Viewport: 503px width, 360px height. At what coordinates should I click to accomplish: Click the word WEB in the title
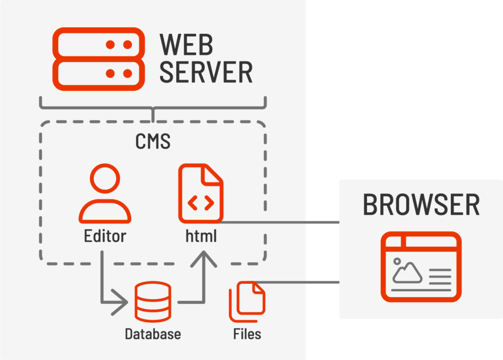[x=187, y=45]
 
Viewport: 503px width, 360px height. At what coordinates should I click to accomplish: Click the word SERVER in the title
[x=206, y=73]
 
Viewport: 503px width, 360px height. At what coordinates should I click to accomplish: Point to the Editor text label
[x=105, y=236]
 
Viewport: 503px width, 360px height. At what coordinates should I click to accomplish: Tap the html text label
[x=201, y=236]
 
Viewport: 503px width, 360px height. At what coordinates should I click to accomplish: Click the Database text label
[x=153, y=334]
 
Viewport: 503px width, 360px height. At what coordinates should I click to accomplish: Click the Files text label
[x=247, y=334]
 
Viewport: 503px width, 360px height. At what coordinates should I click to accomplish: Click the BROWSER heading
[x=421, y=205]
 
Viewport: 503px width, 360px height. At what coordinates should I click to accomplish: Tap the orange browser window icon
[x=421, y=267]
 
